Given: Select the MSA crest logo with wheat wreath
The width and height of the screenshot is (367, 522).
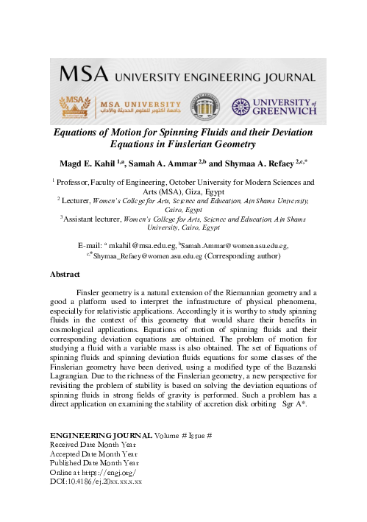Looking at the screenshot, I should click(74, 107).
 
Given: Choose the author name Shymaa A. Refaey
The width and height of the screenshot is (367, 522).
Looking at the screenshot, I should click(259, 163).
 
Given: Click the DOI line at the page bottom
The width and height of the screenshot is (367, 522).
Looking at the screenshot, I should click(95, 482).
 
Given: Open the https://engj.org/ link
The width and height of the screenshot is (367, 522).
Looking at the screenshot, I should click(111, 473).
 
